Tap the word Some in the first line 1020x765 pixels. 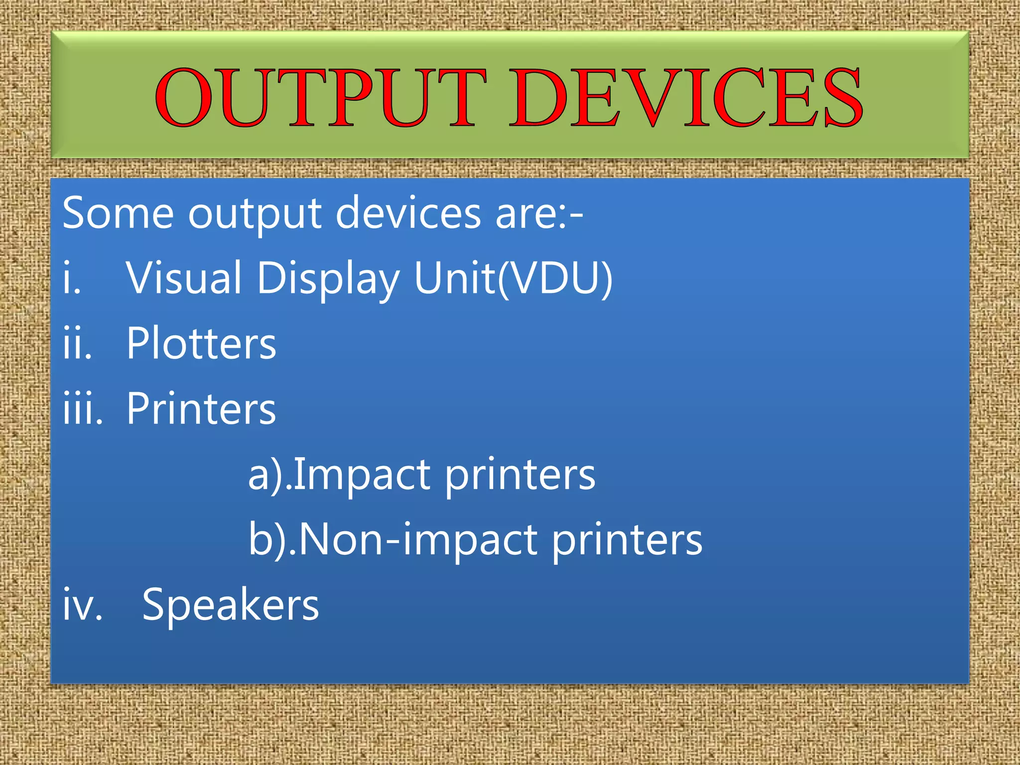pos(118,213)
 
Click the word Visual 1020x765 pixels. pos(184,277)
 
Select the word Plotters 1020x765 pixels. pos(201,343)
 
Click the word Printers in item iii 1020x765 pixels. pos(201,408)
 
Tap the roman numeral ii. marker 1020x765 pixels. pos(78,344)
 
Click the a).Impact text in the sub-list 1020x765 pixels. pos(339,474)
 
